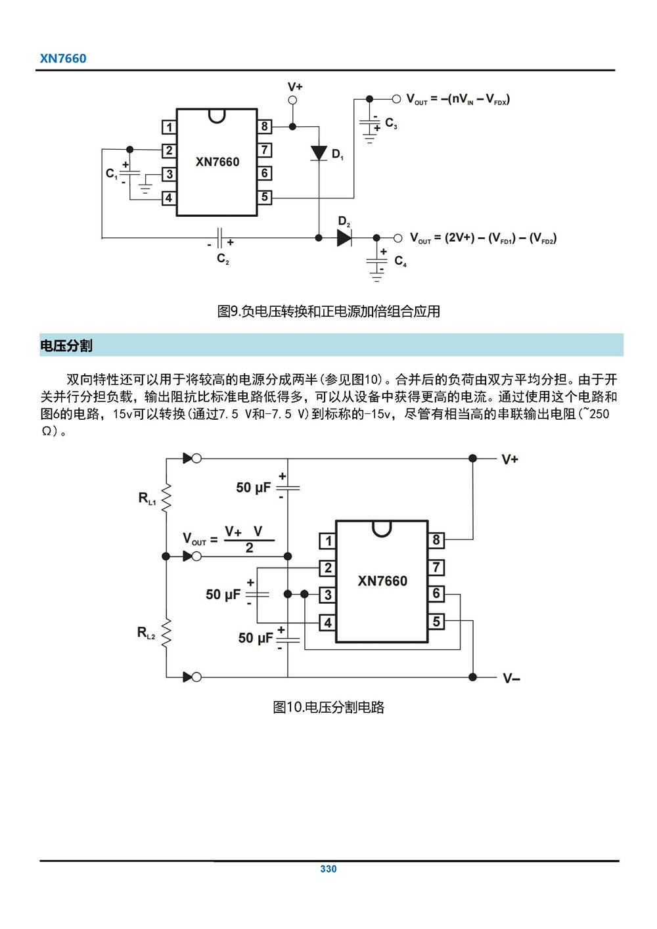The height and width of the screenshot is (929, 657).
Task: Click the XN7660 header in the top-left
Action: click(x=63, y=58)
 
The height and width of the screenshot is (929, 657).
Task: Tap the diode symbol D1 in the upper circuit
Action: click(x=319, y=153)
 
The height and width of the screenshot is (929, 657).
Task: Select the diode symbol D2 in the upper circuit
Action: click(x=344, y=238)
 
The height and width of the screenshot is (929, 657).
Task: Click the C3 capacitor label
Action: click(x=391, y=124)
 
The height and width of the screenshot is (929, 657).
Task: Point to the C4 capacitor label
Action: click(x=400, y=261)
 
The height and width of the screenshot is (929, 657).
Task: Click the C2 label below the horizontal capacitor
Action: click(x=223, y=259)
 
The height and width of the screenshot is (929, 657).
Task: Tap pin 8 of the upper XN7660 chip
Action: click(x=264, y=127)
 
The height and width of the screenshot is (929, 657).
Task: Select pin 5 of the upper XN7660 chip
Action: click(x=264, y=196)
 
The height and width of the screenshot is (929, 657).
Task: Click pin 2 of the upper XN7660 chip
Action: click(x=170, y=150)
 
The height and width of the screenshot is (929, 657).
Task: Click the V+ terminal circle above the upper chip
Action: click(x=293, y=101)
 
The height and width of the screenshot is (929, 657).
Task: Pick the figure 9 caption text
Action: click(x=328, y=311)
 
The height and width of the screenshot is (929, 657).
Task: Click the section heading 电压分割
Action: click(x=66, y=346)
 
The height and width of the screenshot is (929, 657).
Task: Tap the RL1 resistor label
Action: click(x=147, y=499)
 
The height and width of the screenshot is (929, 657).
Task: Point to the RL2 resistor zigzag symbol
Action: click(x=166, y=632)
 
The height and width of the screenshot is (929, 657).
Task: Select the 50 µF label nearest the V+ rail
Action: click(x=253, y=487)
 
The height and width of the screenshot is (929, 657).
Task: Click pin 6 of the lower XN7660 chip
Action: click(x=436, y=594)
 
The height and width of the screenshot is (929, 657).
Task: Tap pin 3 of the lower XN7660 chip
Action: click(x=328, y=595)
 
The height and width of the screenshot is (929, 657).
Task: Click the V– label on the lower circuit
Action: click(x=511, y=678)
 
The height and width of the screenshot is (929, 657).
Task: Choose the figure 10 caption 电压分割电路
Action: click(x=328, y=708)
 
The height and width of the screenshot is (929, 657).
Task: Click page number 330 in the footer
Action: click(x=328, y=869)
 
